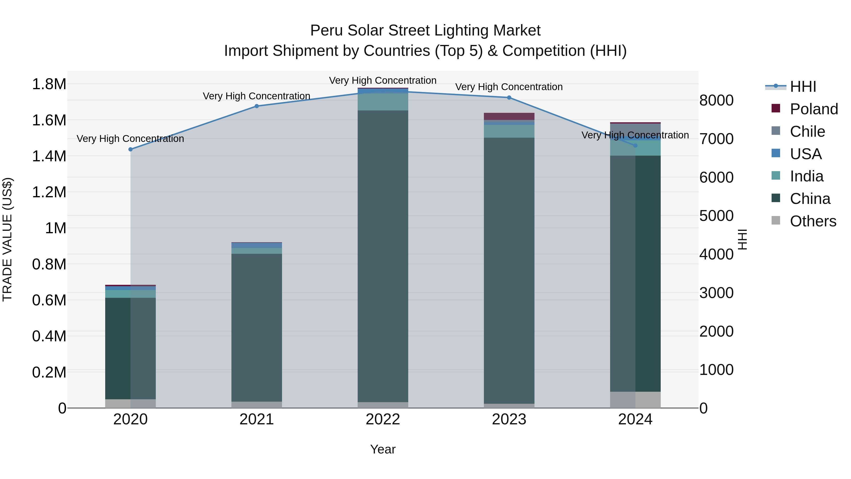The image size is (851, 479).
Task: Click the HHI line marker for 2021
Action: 257,106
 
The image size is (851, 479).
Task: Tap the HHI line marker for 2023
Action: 509,97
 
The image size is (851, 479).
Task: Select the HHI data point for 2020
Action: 130,149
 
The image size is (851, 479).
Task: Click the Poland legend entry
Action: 814,109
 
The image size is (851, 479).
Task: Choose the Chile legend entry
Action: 807,132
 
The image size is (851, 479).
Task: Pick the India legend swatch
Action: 776,176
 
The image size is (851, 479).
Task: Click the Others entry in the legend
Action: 813,221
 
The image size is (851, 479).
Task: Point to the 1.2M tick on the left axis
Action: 49,192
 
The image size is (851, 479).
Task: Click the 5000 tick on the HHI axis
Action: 716,216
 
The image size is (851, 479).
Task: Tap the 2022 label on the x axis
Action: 383,419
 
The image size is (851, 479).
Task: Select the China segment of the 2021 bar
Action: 257,327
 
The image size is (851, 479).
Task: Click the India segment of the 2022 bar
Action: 383,102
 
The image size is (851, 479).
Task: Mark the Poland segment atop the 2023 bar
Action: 509,116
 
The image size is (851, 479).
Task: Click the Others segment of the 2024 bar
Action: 635,400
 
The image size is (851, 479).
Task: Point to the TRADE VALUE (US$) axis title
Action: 7,239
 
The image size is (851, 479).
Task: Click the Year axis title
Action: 383,449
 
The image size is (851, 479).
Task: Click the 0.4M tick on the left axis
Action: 49,336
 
